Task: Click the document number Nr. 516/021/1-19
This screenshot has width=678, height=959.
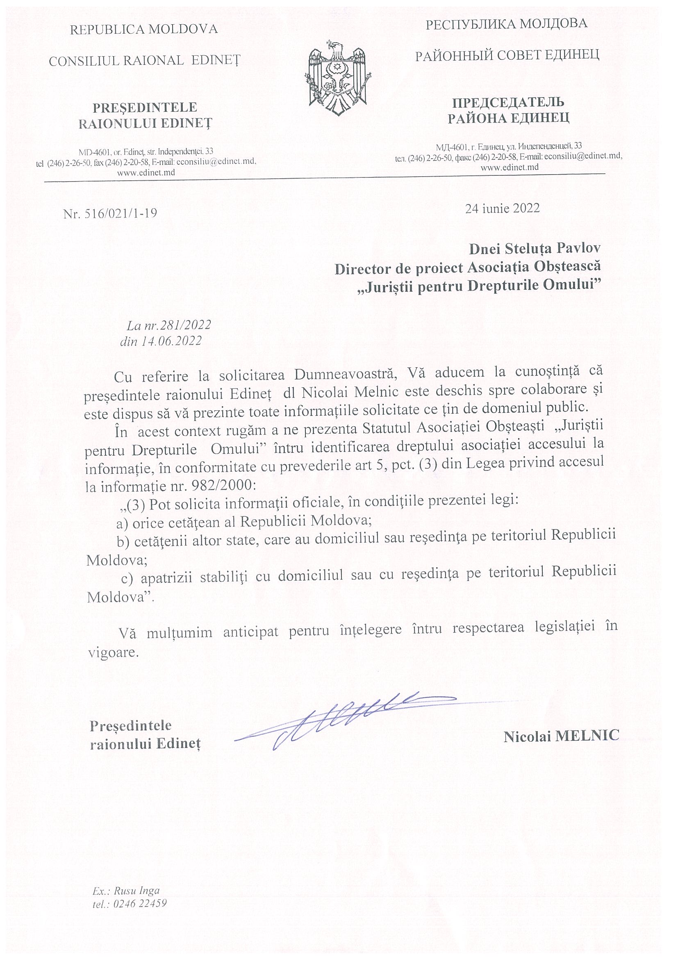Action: coord(110,214)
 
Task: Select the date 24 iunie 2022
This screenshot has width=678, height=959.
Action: coord(502,208)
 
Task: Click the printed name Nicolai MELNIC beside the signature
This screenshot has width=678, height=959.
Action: coord(561,737)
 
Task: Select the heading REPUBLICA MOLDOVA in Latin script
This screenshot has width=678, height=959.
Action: coord(144,29)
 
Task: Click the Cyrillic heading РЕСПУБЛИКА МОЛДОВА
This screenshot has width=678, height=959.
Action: coord(506,24)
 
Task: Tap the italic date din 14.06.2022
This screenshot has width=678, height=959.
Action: coord(161,341)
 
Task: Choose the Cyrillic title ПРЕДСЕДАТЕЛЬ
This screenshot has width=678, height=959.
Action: coord(508,102)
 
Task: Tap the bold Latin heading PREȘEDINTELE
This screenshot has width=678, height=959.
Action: coord(145,107)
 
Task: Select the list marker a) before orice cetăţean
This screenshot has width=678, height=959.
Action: coord(123,522)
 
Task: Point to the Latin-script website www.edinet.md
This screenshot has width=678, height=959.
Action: coord(146,173)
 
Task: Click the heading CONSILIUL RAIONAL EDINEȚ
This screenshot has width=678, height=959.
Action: coord(145,61)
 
